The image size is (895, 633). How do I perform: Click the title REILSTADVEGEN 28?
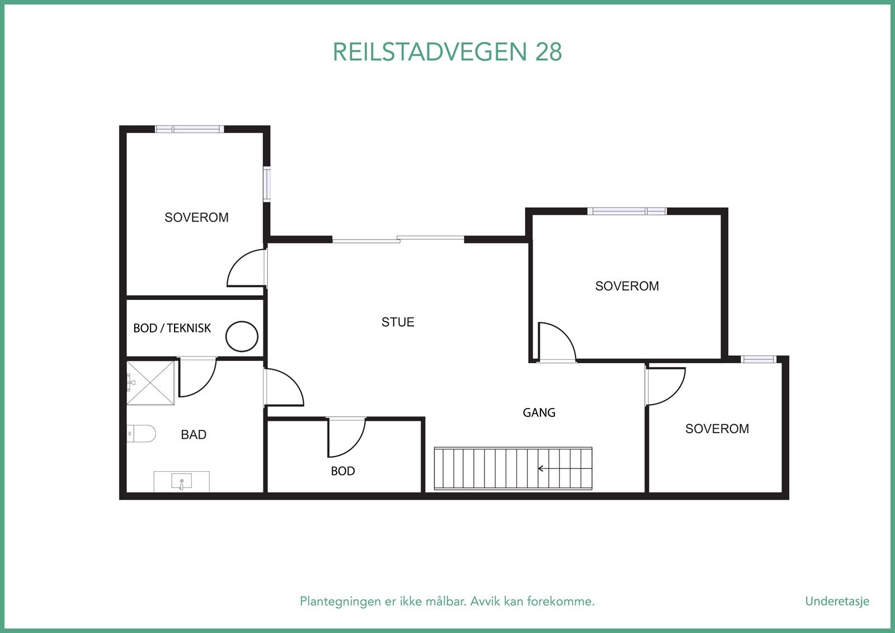click(447, 52)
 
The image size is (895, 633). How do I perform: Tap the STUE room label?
click(398, 322)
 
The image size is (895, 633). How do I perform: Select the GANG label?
click(539, 412)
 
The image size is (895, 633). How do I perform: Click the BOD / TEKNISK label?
click(172, 328)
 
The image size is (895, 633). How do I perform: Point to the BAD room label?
click(194, 434)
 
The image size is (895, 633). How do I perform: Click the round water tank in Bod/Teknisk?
click(242, 336)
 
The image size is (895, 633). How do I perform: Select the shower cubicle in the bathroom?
click(150, 382)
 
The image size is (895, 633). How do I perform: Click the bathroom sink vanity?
click(181, 481)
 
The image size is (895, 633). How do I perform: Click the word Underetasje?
click(837, 601)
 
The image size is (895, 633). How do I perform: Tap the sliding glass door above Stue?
click(398, 240)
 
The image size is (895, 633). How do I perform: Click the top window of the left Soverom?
click(189, 129)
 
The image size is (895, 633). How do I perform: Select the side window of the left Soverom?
click(267, 184)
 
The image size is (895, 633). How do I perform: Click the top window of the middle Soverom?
click(626, 211)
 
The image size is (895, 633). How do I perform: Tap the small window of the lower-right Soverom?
click(759, 359)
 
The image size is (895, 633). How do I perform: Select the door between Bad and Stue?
click(283, 387)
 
